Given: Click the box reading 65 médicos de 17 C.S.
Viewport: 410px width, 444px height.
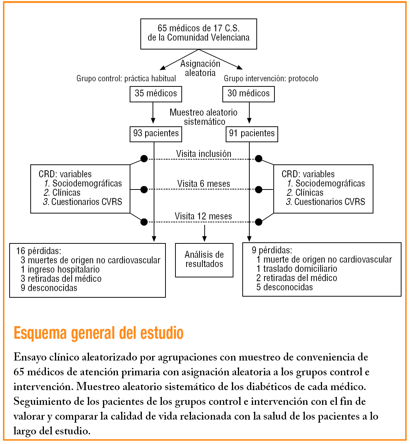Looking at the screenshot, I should [198, 34].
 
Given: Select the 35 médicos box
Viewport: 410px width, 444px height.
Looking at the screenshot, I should [156, 94].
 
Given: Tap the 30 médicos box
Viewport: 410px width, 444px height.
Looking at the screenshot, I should [248, 94].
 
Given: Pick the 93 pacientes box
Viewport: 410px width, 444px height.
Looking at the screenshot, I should [156, 134].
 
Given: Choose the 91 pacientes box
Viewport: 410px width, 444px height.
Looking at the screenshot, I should [252, 134].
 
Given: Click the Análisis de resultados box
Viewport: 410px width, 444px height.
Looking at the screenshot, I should [204, 260].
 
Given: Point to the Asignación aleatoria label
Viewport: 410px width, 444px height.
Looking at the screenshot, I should [200, 68].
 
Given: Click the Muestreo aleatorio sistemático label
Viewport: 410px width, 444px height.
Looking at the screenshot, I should [204, 117].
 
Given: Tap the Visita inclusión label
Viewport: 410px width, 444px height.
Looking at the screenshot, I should [204, 154].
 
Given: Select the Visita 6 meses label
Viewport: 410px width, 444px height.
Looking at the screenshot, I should [204, 184].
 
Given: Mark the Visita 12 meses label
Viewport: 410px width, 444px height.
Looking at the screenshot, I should [203, 216].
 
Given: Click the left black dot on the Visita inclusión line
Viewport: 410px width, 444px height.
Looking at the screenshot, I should [144, 159].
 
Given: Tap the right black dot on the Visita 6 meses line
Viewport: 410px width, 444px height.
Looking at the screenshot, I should [259, 189].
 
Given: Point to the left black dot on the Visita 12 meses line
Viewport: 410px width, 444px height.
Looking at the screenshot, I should [144, 222].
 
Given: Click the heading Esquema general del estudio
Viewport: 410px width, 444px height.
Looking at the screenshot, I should [98, 333].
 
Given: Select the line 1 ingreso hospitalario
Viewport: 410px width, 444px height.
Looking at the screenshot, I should [60, 270].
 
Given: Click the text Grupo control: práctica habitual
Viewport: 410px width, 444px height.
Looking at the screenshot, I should [126, 79].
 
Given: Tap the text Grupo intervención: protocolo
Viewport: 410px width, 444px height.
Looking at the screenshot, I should [271, 79].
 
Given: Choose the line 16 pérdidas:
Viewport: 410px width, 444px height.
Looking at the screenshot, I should [38, 251].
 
